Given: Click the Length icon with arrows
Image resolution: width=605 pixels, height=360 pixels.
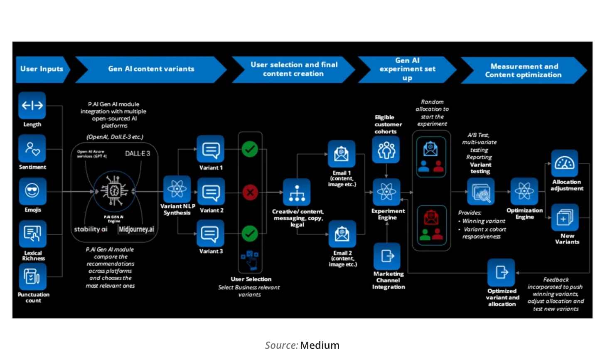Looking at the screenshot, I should [32, 106].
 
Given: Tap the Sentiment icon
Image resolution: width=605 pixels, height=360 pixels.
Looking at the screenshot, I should [32, 148].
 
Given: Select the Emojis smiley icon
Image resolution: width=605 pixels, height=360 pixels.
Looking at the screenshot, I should [32, 191].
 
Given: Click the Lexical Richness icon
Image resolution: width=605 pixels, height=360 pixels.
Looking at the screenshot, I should [32, 234].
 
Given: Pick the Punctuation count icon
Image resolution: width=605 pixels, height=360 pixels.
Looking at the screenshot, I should [32, 276].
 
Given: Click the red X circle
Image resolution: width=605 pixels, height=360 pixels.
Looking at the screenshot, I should [250, 192].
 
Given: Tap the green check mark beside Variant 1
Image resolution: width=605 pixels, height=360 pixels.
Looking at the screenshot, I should [250, 149].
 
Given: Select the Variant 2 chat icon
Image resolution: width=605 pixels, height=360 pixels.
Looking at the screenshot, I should [211, 192].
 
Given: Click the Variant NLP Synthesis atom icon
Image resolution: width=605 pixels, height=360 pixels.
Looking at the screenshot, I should [177, 190].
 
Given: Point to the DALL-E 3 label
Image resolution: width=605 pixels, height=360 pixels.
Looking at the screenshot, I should [138, 154].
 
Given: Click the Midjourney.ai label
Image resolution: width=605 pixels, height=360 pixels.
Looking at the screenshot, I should [136, 229].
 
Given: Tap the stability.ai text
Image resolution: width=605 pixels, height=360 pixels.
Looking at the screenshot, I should [91, 229].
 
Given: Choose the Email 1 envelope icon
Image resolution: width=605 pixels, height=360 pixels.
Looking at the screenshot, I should [341, 154].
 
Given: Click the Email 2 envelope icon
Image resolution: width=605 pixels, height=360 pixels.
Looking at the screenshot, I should [342, 234].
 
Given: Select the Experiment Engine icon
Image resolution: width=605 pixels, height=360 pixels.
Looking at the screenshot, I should [386, 192].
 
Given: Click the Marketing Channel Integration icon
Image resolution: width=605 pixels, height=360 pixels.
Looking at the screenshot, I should [387, 256].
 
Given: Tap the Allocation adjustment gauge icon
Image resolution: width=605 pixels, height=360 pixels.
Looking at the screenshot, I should [564, 163].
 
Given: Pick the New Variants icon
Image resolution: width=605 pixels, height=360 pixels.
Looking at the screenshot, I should [564, 217].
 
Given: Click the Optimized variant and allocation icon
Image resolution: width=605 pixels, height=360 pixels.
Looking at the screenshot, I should [501, 272].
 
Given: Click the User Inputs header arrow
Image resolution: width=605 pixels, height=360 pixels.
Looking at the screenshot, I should [42, 69].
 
